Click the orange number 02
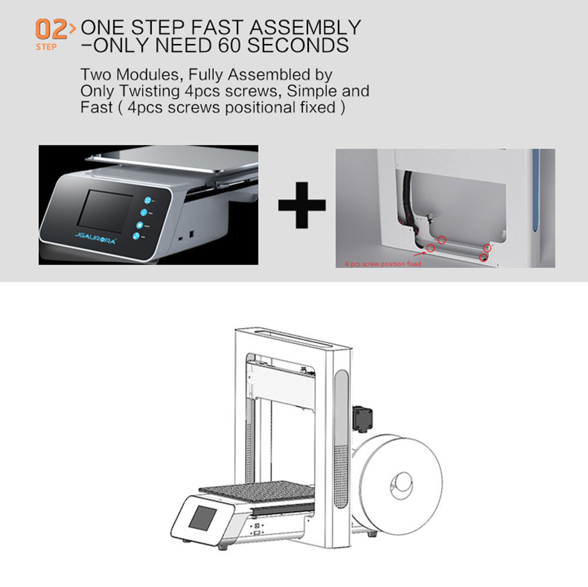51,29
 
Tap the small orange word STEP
46,47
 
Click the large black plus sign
302,205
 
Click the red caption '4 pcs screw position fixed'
383,264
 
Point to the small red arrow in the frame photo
419,253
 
